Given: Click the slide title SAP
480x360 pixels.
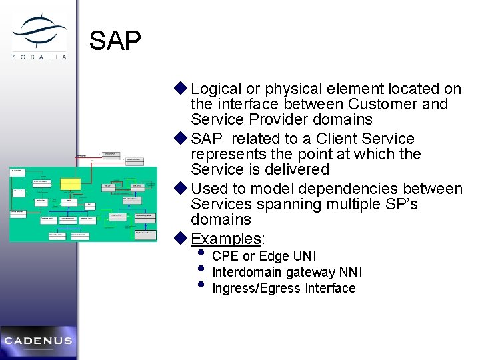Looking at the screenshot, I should pos(115,41).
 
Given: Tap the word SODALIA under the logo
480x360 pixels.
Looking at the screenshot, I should pos(39,56).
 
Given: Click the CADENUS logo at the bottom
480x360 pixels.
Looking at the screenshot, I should pos(38,341).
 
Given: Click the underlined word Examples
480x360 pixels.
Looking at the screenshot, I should pos(225,238).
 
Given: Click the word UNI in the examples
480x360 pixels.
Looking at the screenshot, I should pos(305,256).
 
